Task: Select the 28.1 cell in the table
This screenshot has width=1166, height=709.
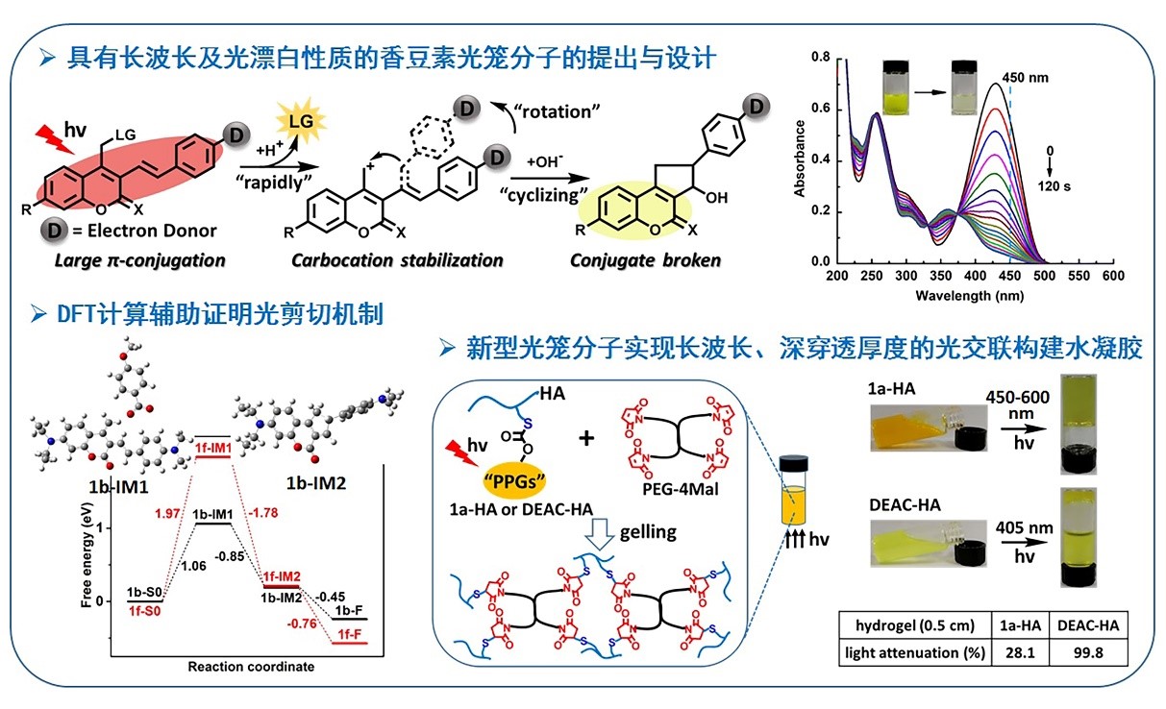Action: (1020, 653)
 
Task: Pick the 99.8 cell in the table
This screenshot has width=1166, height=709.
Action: (1089, 653)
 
